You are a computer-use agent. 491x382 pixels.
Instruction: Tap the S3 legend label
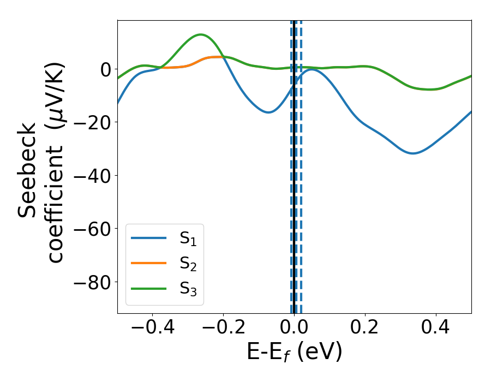click(188, 289)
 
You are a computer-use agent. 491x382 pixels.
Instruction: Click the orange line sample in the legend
click(148, 263)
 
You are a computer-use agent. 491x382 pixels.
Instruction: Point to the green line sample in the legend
click(148, 288)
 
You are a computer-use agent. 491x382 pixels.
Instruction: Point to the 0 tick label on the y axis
click(105, 69)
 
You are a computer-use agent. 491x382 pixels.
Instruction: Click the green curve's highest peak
click(201, 34)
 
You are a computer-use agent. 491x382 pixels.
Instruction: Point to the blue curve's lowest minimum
click(414, 153)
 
